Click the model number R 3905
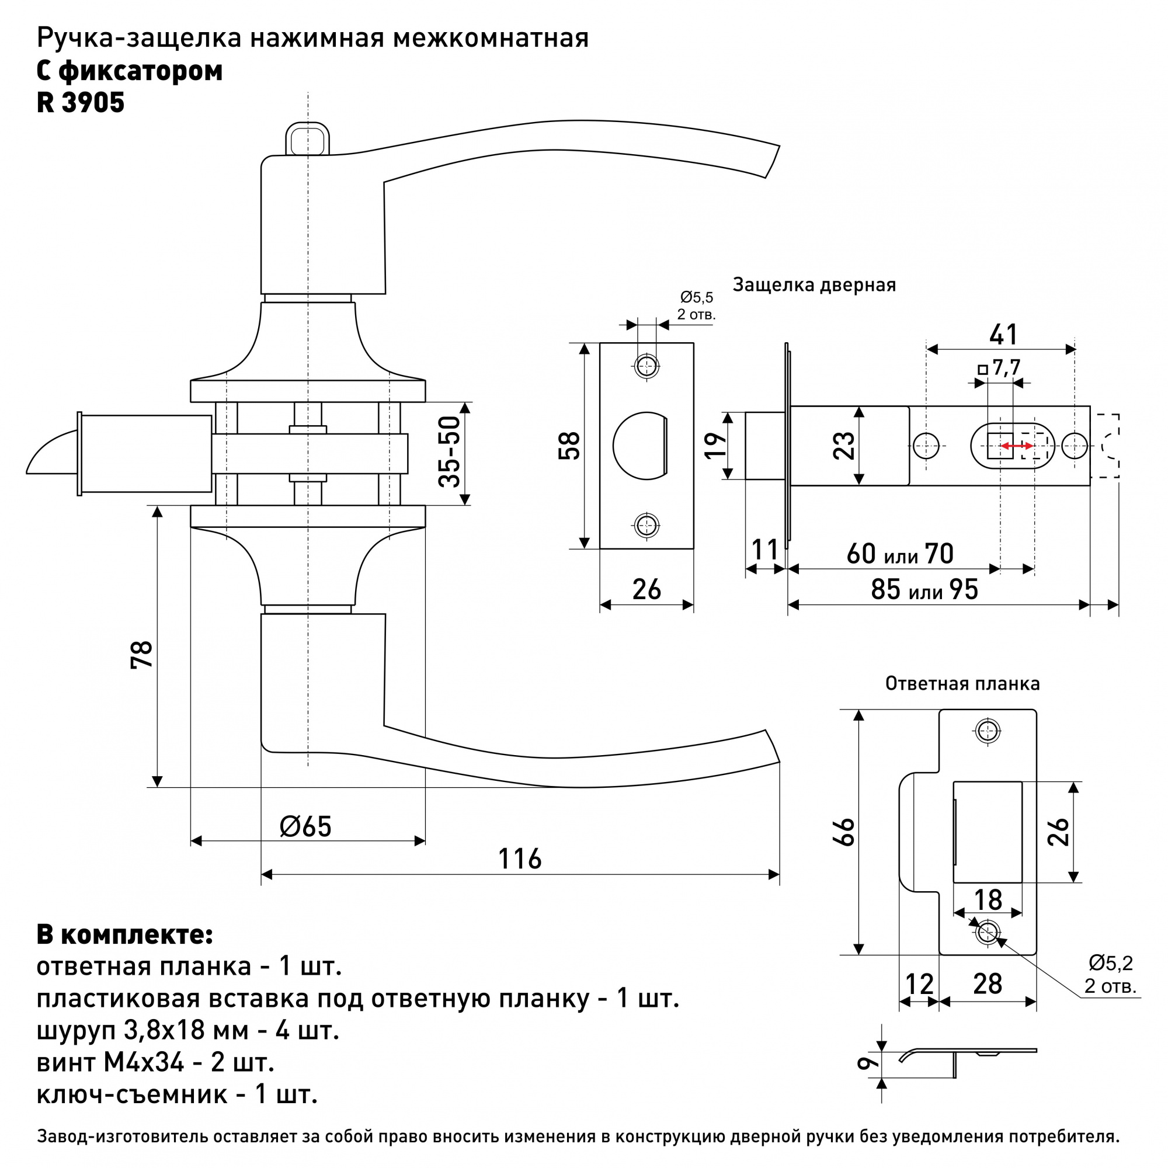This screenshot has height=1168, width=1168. [x=81, y=103]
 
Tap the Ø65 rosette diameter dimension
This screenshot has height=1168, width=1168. [x=306, y=826]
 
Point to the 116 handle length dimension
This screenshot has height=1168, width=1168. [x=520, y=859]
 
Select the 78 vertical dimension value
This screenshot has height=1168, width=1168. [x=142, y=654]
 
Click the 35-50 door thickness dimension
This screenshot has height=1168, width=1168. [x=450, y=451]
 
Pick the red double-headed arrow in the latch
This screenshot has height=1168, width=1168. [x=1016, y=446]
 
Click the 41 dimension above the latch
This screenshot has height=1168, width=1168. [x=1003, y=334]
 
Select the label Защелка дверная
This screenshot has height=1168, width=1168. [x=814, y=285]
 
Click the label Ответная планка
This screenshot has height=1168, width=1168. [x=962, y=684]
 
